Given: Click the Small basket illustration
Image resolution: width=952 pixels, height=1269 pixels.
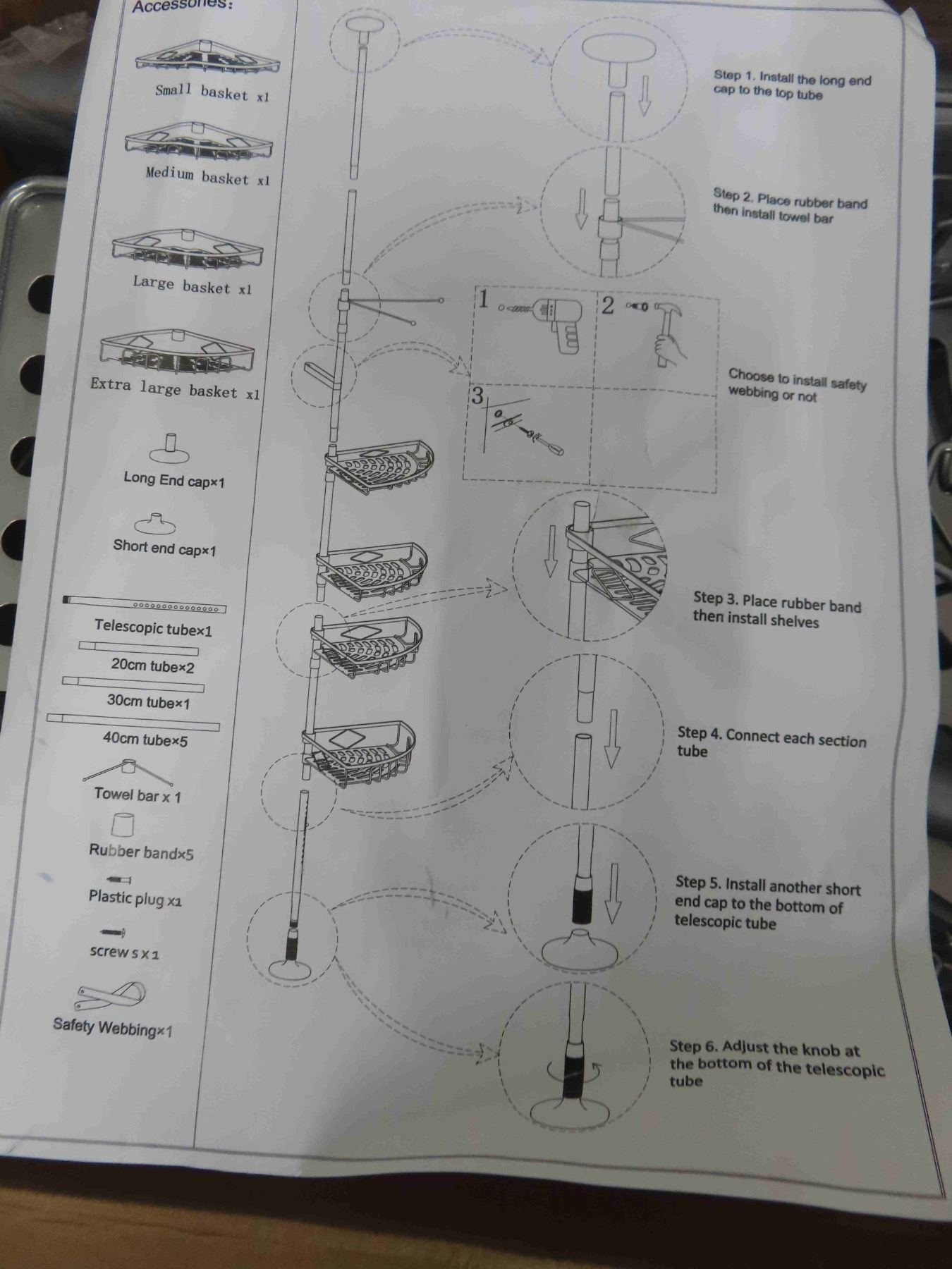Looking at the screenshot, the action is (207, 57).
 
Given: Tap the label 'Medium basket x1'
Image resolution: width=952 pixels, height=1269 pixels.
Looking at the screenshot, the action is (208, 176).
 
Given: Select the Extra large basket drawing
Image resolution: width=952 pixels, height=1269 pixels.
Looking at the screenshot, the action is (176, 353).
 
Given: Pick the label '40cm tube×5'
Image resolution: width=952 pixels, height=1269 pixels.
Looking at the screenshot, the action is (145, 740).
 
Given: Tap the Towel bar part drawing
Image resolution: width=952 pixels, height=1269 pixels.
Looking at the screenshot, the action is (128, 771).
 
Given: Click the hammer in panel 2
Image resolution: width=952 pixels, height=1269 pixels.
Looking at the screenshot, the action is (666, 334).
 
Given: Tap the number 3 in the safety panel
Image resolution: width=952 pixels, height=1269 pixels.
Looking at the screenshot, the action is (477, 396).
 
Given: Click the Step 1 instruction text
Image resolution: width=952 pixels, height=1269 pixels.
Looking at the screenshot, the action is (792, 85).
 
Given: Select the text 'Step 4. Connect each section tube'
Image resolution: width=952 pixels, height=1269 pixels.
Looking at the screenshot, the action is (771, 743).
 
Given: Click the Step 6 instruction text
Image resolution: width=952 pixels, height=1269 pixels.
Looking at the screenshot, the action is (776, 1065).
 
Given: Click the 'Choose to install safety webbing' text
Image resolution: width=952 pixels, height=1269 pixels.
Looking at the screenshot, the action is (797, 385).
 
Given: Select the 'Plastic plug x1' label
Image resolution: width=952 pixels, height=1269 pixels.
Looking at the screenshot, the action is (135, 898).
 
